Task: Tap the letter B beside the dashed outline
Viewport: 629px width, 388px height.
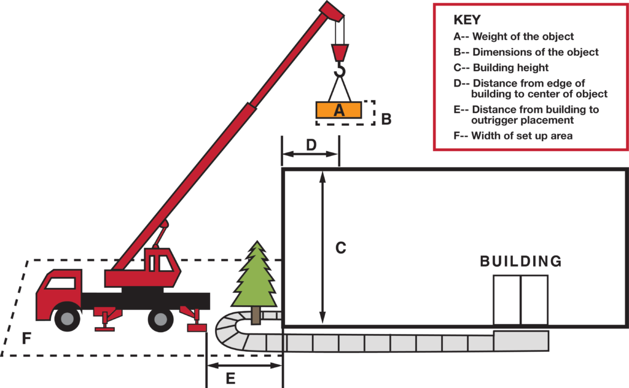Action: (386, 119)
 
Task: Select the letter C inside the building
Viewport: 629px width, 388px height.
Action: (341, 248)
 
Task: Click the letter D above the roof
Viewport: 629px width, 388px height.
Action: (311, 145)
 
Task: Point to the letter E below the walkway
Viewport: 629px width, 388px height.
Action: (230, 378)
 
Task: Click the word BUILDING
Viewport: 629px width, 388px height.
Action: (520, 262)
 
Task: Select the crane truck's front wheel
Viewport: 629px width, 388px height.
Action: (66, 318)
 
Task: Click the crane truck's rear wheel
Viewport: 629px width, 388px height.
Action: (160, 318)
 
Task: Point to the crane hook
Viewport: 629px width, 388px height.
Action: (340, 69)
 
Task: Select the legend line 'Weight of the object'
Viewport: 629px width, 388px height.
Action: (514, 37)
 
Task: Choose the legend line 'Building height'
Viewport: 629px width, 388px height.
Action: (501, 68)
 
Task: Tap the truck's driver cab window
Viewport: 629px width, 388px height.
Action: (60, 284)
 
